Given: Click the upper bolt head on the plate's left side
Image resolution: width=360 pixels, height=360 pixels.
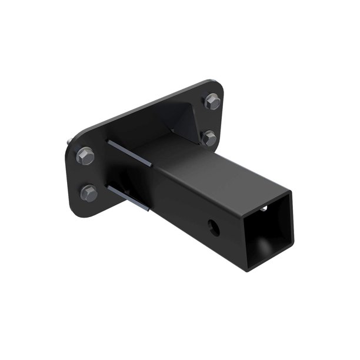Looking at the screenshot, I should click(86, 156).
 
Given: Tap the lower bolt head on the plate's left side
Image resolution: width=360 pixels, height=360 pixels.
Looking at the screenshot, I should click(89, 192).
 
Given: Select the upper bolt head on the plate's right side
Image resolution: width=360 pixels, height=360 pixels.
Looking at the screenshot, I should click(213, 102).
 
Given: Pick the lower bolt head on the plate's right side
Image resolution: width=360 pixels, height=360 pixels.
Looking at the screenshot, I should click(210, 138).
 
